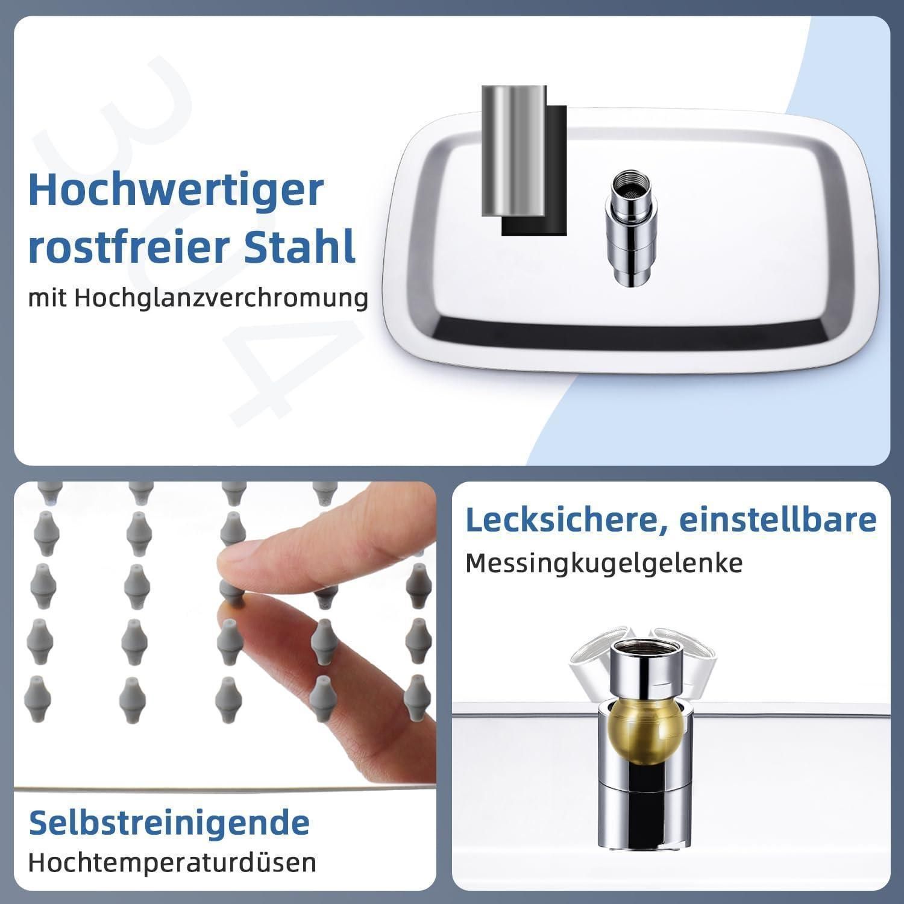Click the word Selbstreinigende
coord(169,822)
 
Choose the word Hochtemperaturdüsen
coord(172,862)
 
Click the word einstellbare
coord(778,519)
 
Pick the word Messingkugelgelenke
coord(604,563)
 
